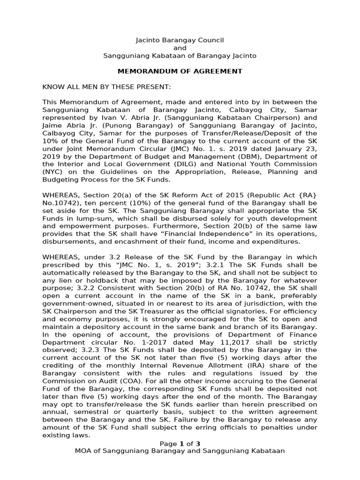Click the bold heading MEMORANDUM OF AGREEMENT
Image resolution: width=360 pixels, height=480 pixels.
tap(180, 71)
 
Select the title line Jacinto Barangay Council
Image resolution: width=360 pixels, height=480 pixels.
tap(180, 40)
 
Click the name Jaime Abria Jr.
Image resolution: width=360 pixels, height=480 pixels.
tap(67, 125)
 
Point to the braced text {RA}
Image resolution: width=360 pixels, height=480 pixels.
tap(307, 195)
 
